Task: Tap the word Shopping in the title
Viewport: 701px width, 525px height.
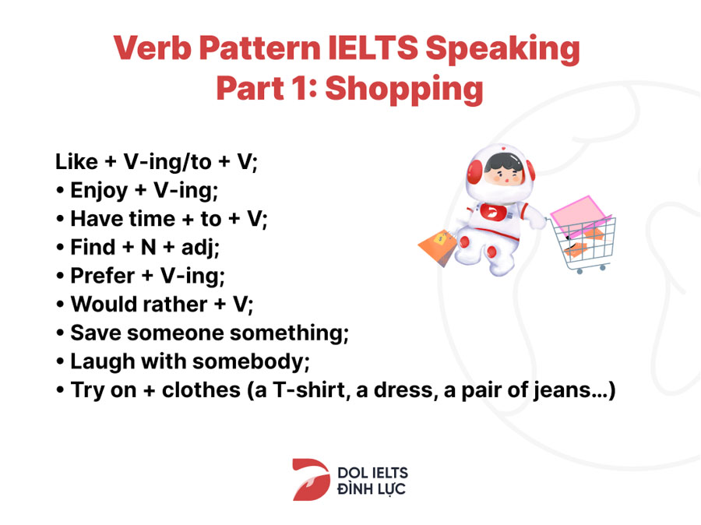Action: click(x=404, y=90)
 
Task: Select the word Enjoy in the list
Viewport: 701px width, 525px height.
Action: click(x=99, y=191)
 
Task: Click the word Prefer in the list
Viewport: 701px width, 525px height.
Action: click(x=102, y=276)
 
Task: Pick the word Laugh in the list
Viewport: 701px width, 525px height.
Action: click(x=103, y=361)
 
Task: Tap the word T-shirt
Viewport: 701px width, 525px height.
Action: click(x=309, y=389)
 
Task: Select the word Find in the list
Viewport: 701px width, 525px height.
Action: click(x=93, y=247)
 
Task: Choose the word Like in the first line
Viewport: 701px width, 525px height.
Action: click(x=76, y=161)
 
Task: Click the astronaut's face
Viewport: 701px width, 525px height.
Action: click(x=503, y=173)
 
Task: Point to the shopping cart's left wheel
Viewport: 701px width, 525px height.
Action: click(x=579, y=271)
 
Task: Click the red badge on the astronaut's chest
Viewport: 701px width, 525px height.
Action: click(x=494, y=212)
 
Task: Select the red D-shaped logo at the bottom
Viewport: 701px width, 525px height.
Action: click(x=311, y=479)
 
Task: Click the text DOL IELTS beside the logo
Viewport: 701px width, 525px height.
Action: click(x=372, y=473)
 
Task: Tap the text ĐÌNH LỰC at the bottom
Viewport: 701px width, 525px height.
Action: click(x=371, y=488)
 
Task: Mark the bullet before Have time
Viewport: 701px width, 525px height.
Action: click(x=60, y=220)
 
